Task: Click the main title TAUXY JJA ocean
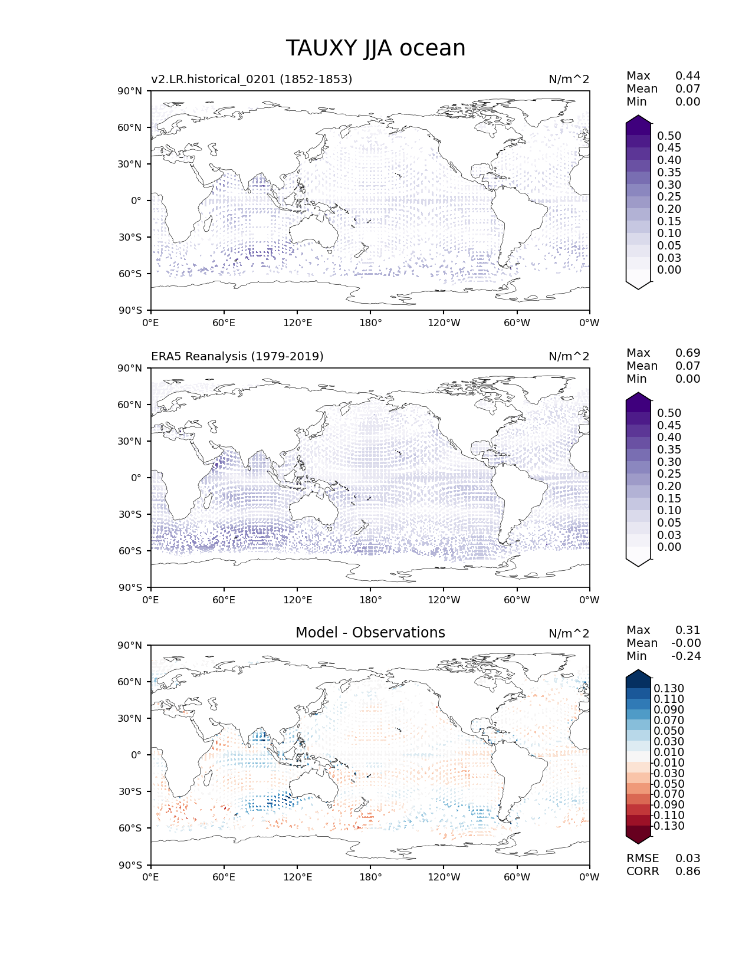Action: [376, 48]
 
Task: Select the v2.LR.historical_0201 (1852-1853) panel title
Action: [251, 79]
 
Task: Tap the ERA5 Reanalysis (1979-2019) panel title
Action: [237, 356]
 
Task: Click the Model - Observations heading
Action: [370, 633]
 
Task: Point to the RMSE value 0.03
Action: [688, 859]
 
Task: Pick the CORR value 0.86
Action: [688, 872]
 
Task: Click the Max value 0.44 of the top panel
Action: [688, 75]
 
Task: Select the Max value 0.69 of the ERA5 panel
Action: [688, 353]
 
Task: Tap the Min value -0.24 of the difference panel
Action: [686, 656]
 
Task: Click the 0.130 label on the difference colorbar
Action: [669, 689]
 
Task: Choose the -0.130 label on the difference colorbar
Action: [668, 826]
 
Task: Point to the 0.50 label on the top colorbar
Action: [669, 136]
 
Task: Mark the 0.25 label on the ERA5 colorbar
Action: [669, 474]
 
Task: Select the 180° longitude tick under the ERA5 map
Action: [370, 600]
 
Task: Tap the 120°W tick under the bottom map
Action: [444, 877]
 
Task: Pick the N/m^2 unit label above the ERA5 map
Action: [569, 356]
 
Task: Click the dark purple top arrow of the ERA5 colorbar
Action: [638, 400]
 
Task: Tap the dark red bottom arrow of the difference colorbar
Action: [638, 836]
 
